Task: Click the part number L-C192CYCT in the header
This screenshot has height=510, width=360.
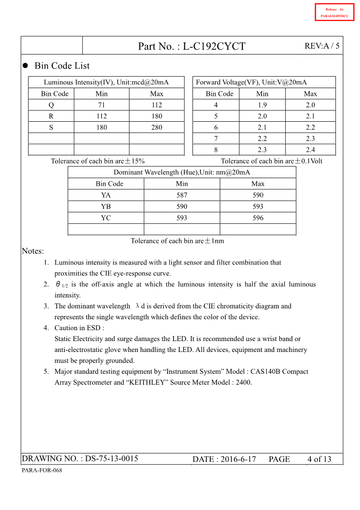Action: (x=214, y=46)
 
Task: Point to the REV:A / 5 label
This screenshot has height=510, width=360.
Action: (x=322, y=46)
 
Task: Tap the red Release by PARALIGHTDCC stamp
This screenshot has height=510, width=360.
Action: (x=335, y=12)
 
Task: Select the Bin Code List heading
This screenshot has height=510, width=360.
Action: (x=62, y=66)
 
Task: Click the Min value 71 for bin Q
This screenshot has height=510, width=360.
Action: (x=101, y=105)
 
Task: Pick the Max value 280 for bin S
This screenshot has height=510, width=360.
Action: (x=157, y=128)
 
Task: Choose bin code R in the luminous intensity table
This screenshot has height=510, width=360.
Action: (x=51, y=116)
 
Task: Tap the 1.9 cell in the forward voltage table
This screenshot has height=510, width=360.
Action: (x=262, y=105)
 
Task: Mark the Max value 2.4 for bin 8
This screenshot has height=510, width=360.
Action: (x=311, y=150)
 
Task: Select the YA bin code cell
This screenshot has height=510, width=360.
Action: (x=106, y=195)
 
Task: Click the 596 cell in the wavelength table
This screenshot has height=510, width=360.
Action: (x=258, y=218)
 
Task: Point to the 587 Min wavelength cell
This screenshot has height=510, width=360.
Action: (x=182, y=195)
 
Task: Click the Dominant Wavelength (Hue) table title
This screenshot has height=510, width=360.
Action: (x=182, y=173)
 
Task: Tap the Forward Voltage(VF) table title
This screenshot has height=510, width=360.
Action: (x=251, y=82)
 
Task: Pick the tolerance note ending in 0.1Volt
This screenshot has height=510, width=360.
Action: (x=271, y=161)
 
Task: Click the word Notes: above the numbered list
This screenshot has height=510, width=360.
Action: (x=33, y=251)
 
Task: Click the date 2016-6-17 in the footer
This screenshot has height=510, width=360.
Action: (x=238, y=459)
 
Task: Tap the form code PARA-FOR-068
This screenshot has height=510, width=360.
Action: (x=42, y=470)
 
